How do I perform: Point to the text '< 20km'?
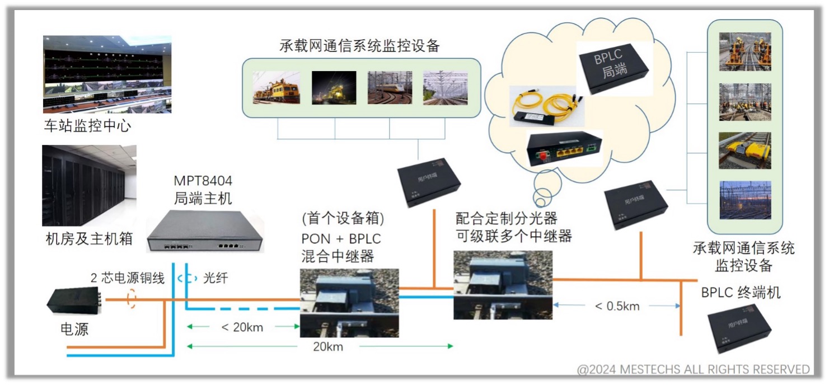click(x=242, y=327)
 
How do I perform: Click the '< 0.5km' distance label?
click(x=617, y=306)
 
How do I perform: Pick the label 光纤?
click(x=214, y=277)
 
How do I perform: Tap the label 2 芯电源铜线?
click(x=128, y=278)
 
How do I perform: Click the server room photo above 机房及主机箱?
click(x=89, y=185)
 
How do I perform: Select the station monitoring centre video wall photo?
click(x=107, y=74)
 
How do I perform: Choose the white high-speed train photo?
click(x=390, y=87)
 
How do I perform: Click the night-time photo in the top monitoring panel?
click(x=334, y=87)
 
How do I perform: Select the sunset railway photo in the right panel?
click(x=745, y=200)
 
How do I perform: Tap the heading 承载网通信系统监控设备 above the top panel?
click(x=359, y=46)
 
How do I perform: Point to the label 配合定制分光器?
click(x=507, y=218)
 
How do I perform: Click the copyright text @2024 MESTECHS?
click(x=694, y=369)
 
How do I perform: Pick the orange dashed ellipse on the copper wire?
click(x=132, y=299)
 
